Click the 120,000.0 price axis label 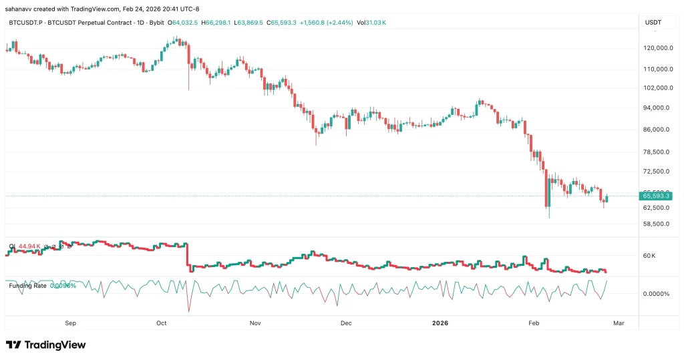(657, 48)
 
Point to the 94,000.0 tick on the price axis (657, 108)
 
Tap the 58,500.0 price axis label (657, 224)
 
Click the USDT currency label (653, 23)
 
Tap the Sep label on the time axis (71, 323)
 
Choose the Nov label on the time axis (254, 323)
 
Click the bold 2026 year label (440, 323)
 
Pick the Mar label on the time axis (619, 323)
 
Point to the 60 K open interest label (649, 256)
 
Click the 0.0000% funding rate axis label (655, 293)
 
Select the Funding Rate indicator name (27, 285)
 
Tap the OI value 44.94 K (30, 246)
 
